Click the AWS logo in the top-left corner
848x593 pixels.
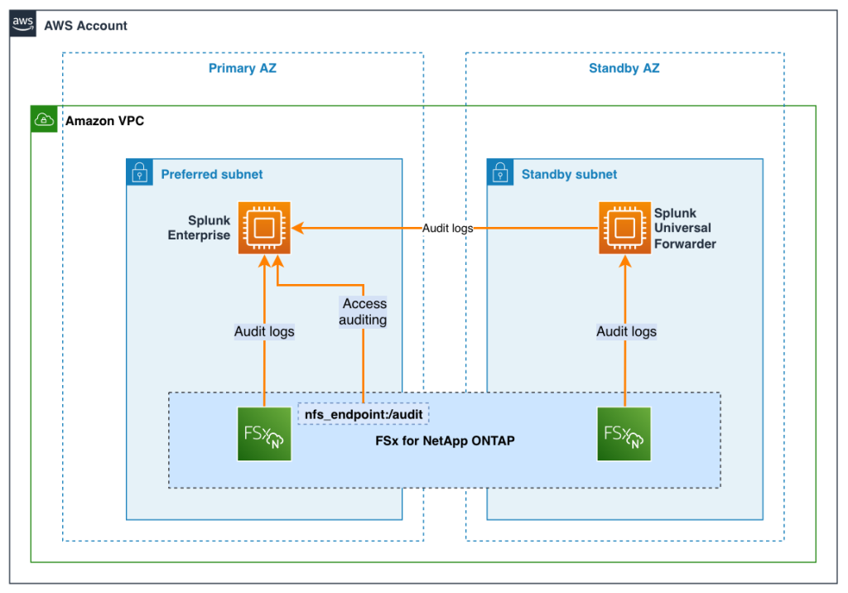click(x=23, y=24)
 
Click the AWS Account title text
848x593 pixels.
click(x=85, y=25)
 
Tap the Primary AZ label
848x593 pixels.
click(x=242, y=68)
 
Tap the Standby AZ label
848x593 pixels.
click(x=624, y=68)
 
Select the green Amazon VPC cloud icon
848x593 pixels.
click(x=44, y=120)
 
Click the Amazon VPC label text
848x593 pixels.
click(x=104, y=121)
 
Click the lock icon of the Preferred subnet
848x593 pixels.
click(x=139, y=173)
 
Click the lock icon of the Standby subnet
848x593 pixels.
click(x=500, y=173)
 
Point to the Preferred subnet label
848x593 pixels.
click(x=211, y=174)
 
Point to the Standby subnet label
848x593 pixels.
click(x=569, y=174)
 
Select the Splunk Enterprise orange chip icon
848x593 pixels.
click(x=264, y=228)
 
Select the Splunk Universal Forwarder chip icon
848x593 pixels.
click(x=625, y=228)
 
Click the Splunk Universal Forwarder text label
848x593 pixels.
click(x=685, y=228)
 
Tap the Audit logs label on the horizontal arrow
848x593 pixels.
click(x=447, y=228)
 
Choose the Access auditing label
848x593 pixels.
click(x=364, y=311)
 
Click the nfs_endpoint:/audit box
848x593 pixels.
click(x=363, y=412)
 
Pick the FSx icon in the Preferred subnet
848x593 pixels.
click(x=264, y=434)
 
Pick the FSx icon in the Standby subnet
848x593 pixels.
click(x=624, y=434)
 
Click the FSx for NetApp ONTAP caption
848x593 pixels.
click(x=445, y=441)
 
